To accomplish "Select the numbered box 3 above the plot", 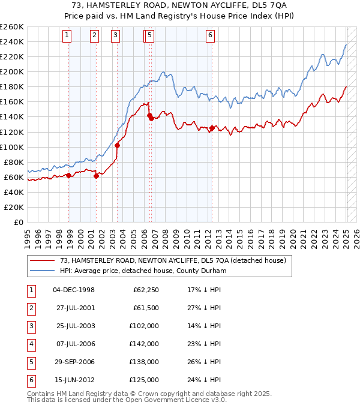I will click(x=115, y=35).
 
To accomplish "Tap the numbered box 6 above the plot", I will click(x=211, y=35).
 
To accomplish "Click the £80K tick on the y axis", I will click(x=14, y=162).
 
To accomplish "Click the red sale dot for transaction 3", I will click(x=117, y=145).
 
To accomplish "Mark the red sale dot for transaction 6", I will click(x=212, y=128).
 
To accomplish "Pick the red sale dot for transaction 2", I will click(x=97, y=176).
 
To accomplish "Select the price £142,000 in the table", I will click(x=146, y=344).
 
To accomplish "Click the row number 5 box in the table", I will click(x=31, y=362).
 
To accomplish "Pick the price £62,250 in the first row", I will click(x=146, y=290).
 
